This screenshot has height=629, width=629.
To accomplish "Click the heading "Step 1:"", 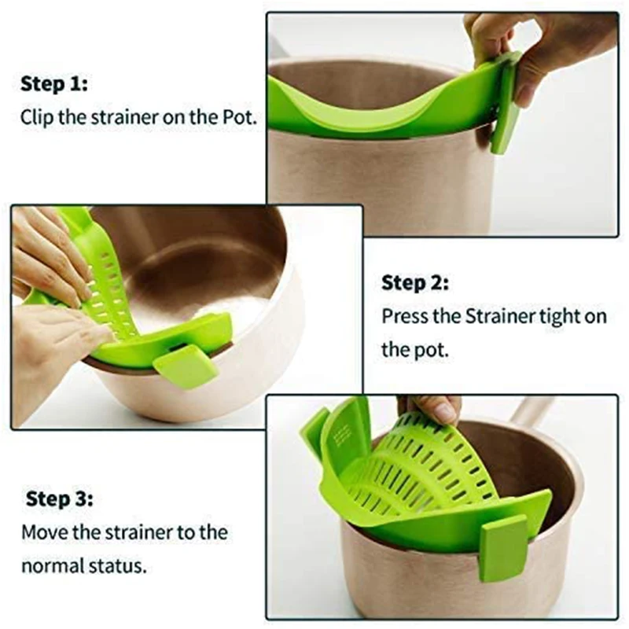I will (55, 83).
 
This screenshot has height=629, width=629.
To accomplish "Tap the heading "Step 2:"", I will (415, 282).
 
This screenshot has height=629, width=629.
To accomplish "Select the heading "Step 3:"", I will (60, 498).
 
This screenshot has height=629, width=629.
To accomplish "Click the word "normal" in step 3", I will (51, 566).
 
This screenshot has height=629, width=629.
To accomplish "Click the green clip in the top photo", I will (505, 110).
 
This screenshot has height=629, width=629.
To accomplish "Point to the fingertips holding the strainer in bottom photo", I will (436, 409).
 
